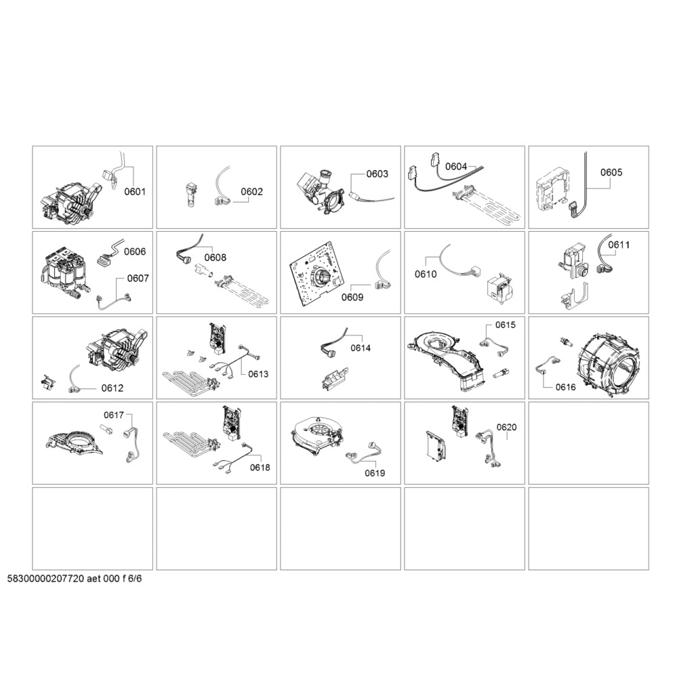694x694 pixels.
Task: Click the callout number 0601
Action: tap(135, 192)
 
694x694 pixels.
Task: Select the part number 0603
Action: tap(377, 174)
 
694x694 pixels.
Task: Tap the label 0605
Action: tap(611, 172)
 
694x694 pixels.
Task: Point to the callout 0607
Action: tap(138, 279)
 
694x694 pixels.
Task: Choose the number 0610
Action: tap(426, 274)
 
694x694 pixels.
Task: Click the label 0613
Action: tap(258, 374)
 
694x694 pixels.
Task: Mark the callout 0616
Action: tap(566, 387)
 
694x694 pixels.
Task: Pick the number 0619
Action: tap(375, 473)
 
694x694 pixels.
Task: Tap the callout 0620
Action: tap(506, 427)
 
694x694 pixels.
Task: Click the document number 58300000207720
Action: tap(45, 579)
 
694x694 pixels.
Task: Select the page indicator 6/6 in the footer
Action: tap(135, 579)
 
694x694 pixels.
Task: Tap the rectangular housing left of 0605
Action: tap(550, 193)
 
